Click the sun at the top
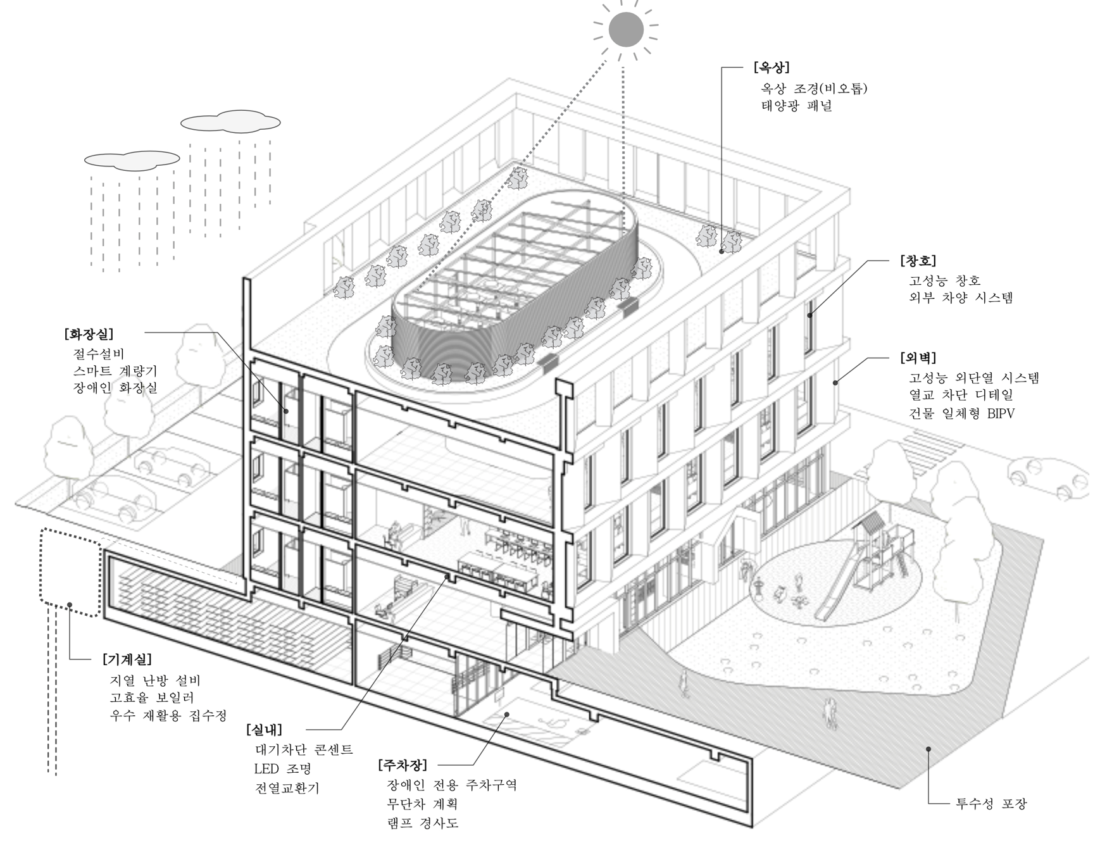coord(625,29)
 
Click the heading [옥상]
coord(771,67)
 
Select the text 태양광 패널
coord(796,106)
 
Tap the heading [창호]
coord(917,260)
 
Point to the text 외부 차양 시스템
coord(961,297)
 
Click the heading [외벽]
coord(917,358)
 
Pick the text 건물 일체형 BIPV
coord(961,414)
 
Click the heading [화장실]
coord(89,334)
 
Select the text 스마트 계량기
coord(115,371)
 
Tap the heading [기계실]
coord(127,659)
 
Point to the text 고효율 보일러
coord(152,697)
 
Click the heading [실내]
coord(264,730)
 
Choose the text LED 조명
coord(282,769)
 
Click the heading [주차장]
coord(403,765)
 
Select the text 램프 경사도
coord(423,823)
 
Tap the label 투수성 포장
coord(991,804)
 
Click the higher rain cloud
coord(230,122)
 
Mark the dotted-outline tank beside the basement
coord(70,573)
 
